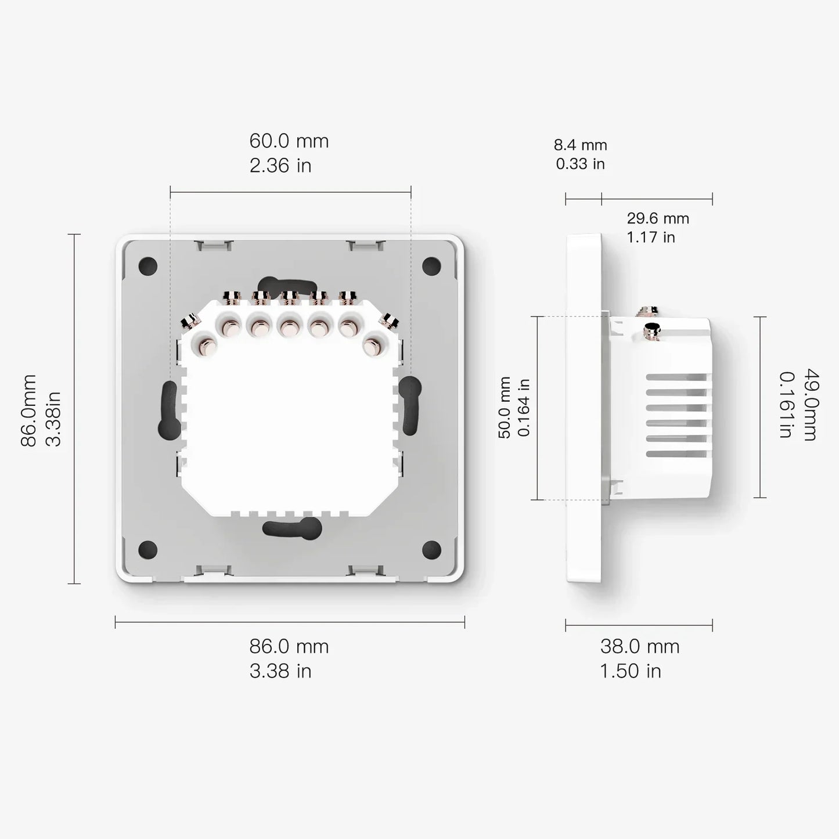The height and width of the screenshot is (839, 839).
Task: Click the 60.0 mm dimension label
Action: tap(289, 141)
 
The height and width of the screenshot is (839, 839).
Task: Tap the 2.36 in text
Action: tap(280, 166)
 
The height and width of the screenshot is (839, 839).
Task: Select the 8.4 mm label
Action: tap(580, 145)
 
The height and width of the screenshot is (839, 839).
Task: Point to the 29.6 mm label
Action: tap(657, 219)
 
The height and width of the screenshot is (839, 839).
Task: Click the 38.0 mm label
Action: tap(639, 646)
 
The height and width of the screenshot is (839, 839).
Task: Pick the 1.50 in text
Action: tap(630, 671)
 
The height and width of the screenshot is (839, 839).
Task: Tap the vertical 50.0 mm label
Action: tap(505, 408)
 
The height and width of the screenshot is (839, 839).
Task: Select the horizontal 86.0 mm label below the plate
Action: tap(289, 646)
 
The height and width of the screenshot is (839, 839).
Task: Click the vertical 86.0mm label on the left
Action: tap(28, 410)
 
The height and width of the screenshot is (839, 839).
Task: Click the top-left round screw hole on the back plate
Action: tap(149, 267)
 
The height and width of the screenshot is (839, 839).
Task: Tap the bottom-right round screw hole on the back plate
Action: tap(431, 549)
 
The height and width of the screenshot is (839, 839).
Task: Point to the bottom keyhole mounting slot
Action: tap(292, 527)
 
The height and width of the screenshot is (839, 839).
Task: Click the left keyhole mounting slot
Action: tap(169, 410)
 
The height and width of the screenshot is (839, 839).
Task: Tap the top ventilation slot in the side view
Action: tap(678, 377)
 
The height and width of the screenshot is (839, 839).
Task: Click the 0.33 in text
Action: tap(580, 164)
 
